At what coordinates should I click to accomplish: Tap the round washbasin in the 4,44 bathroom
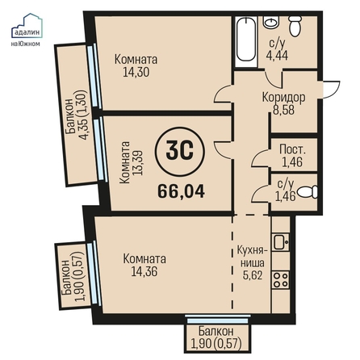pos(271,22)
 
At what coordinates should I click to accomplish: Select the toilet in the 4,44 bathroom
pos(295,26)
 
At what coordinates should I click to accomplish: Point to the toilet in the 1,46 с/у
pos(308,191)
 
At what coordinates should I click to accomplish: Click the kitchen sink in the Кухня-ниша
pos(281,242)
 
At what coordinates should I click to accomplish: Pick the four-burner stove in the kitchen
pos(281,279)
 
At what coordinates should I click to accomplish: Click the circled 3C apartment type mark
pos(179,150)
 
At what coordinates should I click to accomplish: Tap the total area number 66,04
pos(181,191)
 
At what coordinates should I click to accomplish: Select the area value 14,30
pos(136,72)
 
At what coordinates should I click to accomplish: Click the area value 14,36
pos(144,271)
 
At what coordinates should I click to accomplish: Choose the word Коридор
pos(283,98)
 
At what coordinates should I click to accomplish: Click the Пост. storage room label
pos(292,149)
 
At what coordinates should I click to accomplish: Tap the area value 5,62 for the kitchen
pos(253,275)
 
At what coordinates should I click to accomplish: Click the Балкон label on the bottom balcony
pos(216,331)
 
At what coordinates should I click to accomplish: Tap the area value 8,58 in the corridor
pos(283,110)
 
